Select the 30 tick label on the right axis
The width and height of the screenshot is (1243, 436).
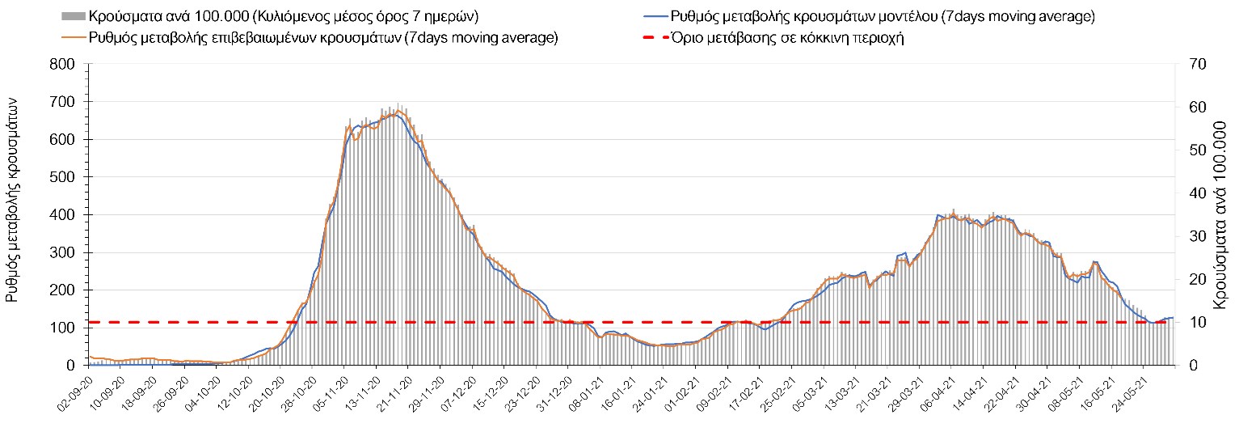[x=1192, y=236]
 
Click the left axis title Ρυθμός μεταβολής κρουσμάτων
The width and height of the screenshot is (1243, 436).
[x=13, y=205]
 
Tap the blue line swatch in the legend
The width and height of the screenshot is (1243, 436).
[x=653, y=16]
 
